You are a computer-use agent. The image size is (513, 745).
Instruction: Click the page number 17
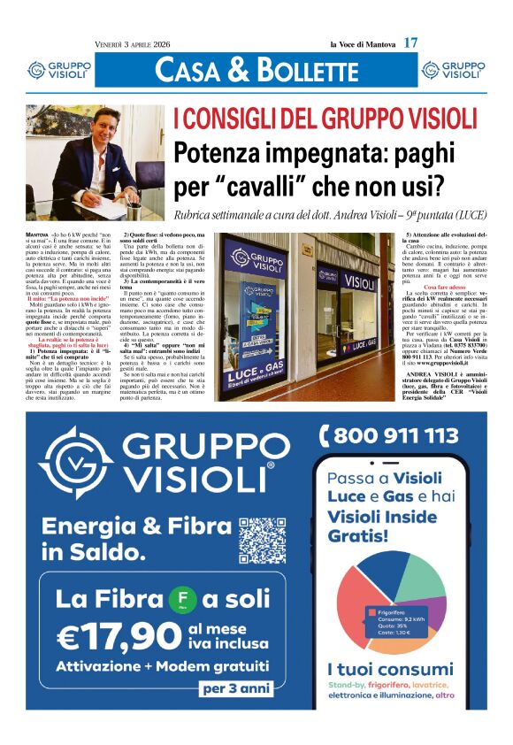[x=410, y=42]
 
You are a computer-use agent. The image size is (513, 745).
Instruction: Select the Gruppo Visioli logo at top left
[x=58, y=70]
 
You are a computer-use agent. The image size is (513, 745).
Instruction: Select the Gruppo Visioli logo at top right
[x=453, y=70]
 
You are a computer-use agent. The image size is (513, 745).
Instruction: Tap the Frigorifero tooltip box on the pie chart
[x=395, y=620]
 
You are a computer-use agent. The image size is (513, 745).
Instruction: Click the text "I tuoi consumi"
[x=390, y=669]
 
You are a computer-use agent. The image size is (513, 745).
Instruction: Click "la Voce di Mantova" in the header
[x=362, y=43]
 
